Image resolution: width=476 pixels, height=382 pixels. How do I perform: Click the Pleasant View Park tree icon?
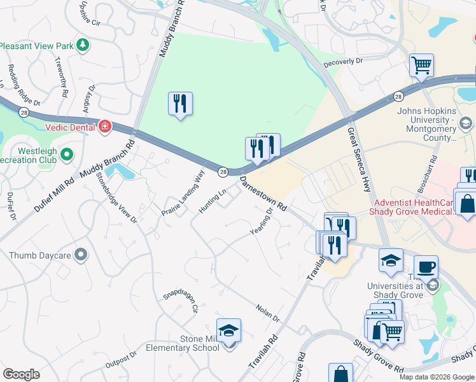click(81, 45)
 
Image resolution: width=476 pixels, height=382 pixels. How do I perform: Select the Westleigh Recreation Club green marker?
click(66, 154)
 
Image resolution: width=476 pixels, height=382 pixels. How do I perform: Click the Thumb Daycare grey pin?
click(80, 255)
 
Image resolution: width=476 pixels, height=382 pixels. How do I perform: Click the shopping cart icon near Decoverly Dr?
click(421, 66)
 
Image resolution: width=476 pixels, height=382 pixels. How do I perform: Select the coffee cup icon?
click(426, 267)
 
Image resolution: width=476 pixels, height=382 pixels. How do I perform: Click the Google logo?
click(21, 374)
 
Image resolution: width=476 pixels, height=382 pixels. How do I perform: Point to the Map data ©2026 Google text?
click(436, 377)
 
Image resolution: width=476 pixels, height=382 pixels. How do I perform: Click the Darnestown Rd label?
click(264, 194)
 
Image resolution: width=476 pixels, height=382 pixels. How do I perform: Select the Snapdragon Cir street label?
click(181, 299)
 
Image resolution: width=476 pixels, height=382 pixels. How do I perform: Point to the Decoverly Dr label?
click(342, 62)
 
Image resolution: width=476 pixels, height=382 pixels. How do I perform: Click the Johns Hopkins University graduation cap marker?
click(466, 123)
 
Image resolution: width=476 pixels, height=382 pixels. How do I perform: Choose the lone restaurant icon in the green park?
click(181, 103)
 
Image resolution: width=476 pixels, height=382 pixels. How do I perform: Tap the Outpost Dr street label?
click(121, 360)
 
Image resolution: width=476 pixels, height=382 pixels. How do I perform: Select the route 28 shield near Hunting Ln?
click(223, 172)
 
